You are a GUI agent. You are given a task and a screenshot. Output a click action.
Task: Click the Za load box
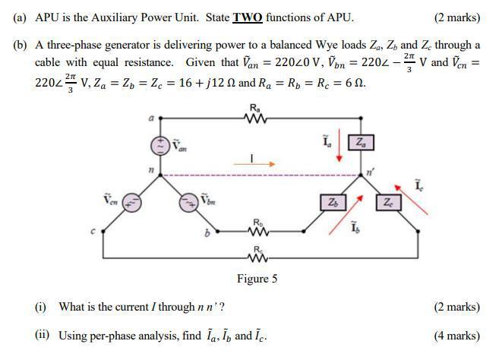pos(359,142)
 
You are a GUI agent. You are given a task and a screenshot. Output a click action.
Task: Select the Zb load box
pos(332,203)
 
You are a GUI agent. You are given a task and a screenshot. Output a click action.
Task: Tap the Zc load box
pos(388,203)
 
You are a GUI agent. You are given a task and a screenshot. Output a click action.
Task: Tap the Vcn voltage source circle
pos(131,202)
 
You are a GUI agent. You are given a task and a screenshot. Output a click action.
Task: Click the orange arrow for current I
pos(259,163)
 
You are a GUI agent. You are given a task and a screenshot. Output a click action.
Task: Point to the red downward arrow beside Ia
pos(340,149)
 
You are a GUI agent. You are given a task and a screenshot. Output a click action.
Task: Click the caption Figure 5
pos(257,279)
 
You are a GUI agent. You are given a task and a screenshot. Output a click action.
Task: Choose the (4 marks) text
pos(456,335)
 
